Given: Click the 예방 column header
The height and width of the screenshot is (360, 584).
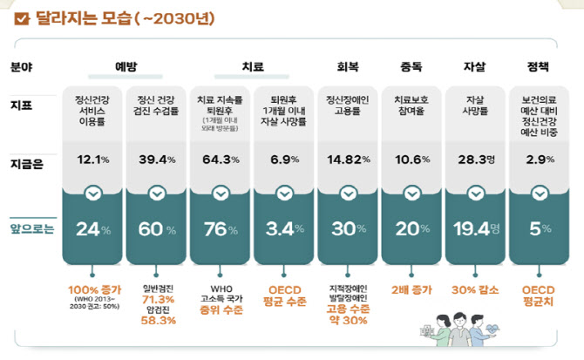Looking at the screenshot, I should tap(126, 66).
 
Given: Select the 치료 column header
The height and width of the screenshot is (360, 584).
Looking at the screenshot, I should tap(252, 66).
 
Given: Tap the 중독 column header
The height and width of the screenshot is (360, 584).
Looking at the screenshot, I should tap(411, 66).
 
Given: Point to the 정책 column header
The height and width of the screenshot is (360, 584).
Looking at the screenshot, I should tap(539, 66).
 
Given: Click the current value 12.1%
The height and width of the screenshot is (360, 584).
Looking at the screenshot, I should tap(93, 159).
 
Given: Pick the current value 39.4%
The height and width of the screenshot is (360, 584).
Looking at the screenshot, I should tap(157, 159).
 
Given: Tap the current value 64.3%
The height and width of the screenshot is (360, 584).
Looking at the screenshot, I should tap(221, 159).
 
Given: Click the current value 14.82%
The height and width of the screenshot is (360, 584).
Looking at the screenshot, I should tap(348, 159).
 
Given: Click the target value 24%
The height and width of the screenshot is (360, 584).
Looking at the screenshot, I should tap(93, 229).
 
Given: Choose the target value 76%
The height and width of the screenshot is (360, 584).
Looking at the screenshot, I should tap(221, 229).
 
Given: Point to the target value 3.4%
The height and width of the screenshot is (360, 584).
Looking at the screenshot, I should tap(284, 229).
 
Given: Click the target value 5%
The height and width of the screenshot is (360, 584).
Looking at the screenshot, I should tap(539, 229).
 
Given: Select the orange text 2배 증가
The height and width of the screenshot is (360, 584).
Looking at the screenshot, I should tap(411, 289).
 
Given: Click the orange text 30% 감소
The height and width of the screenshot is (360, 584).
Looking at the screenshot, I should tap(475, 289).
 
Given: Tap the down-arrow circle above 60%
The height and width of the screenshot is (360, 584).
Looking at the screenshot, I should tap(157, 193).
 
